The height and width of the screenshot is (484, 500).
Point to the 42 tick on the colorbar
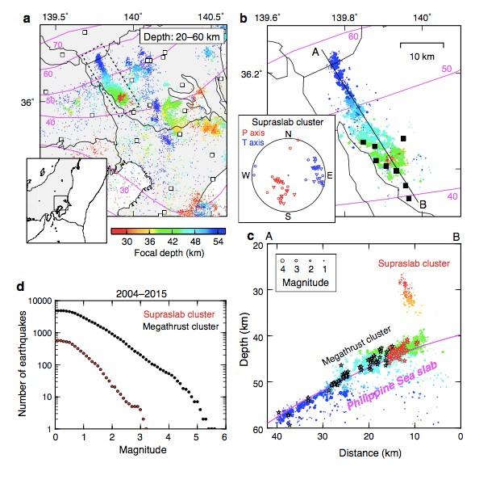[x=167, y=240]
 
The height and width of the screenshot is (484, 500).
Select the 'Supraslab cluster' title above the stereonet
[x=287, y=123]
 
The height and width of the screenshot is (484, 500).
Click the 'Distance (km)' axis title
[x=367, y=461]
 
